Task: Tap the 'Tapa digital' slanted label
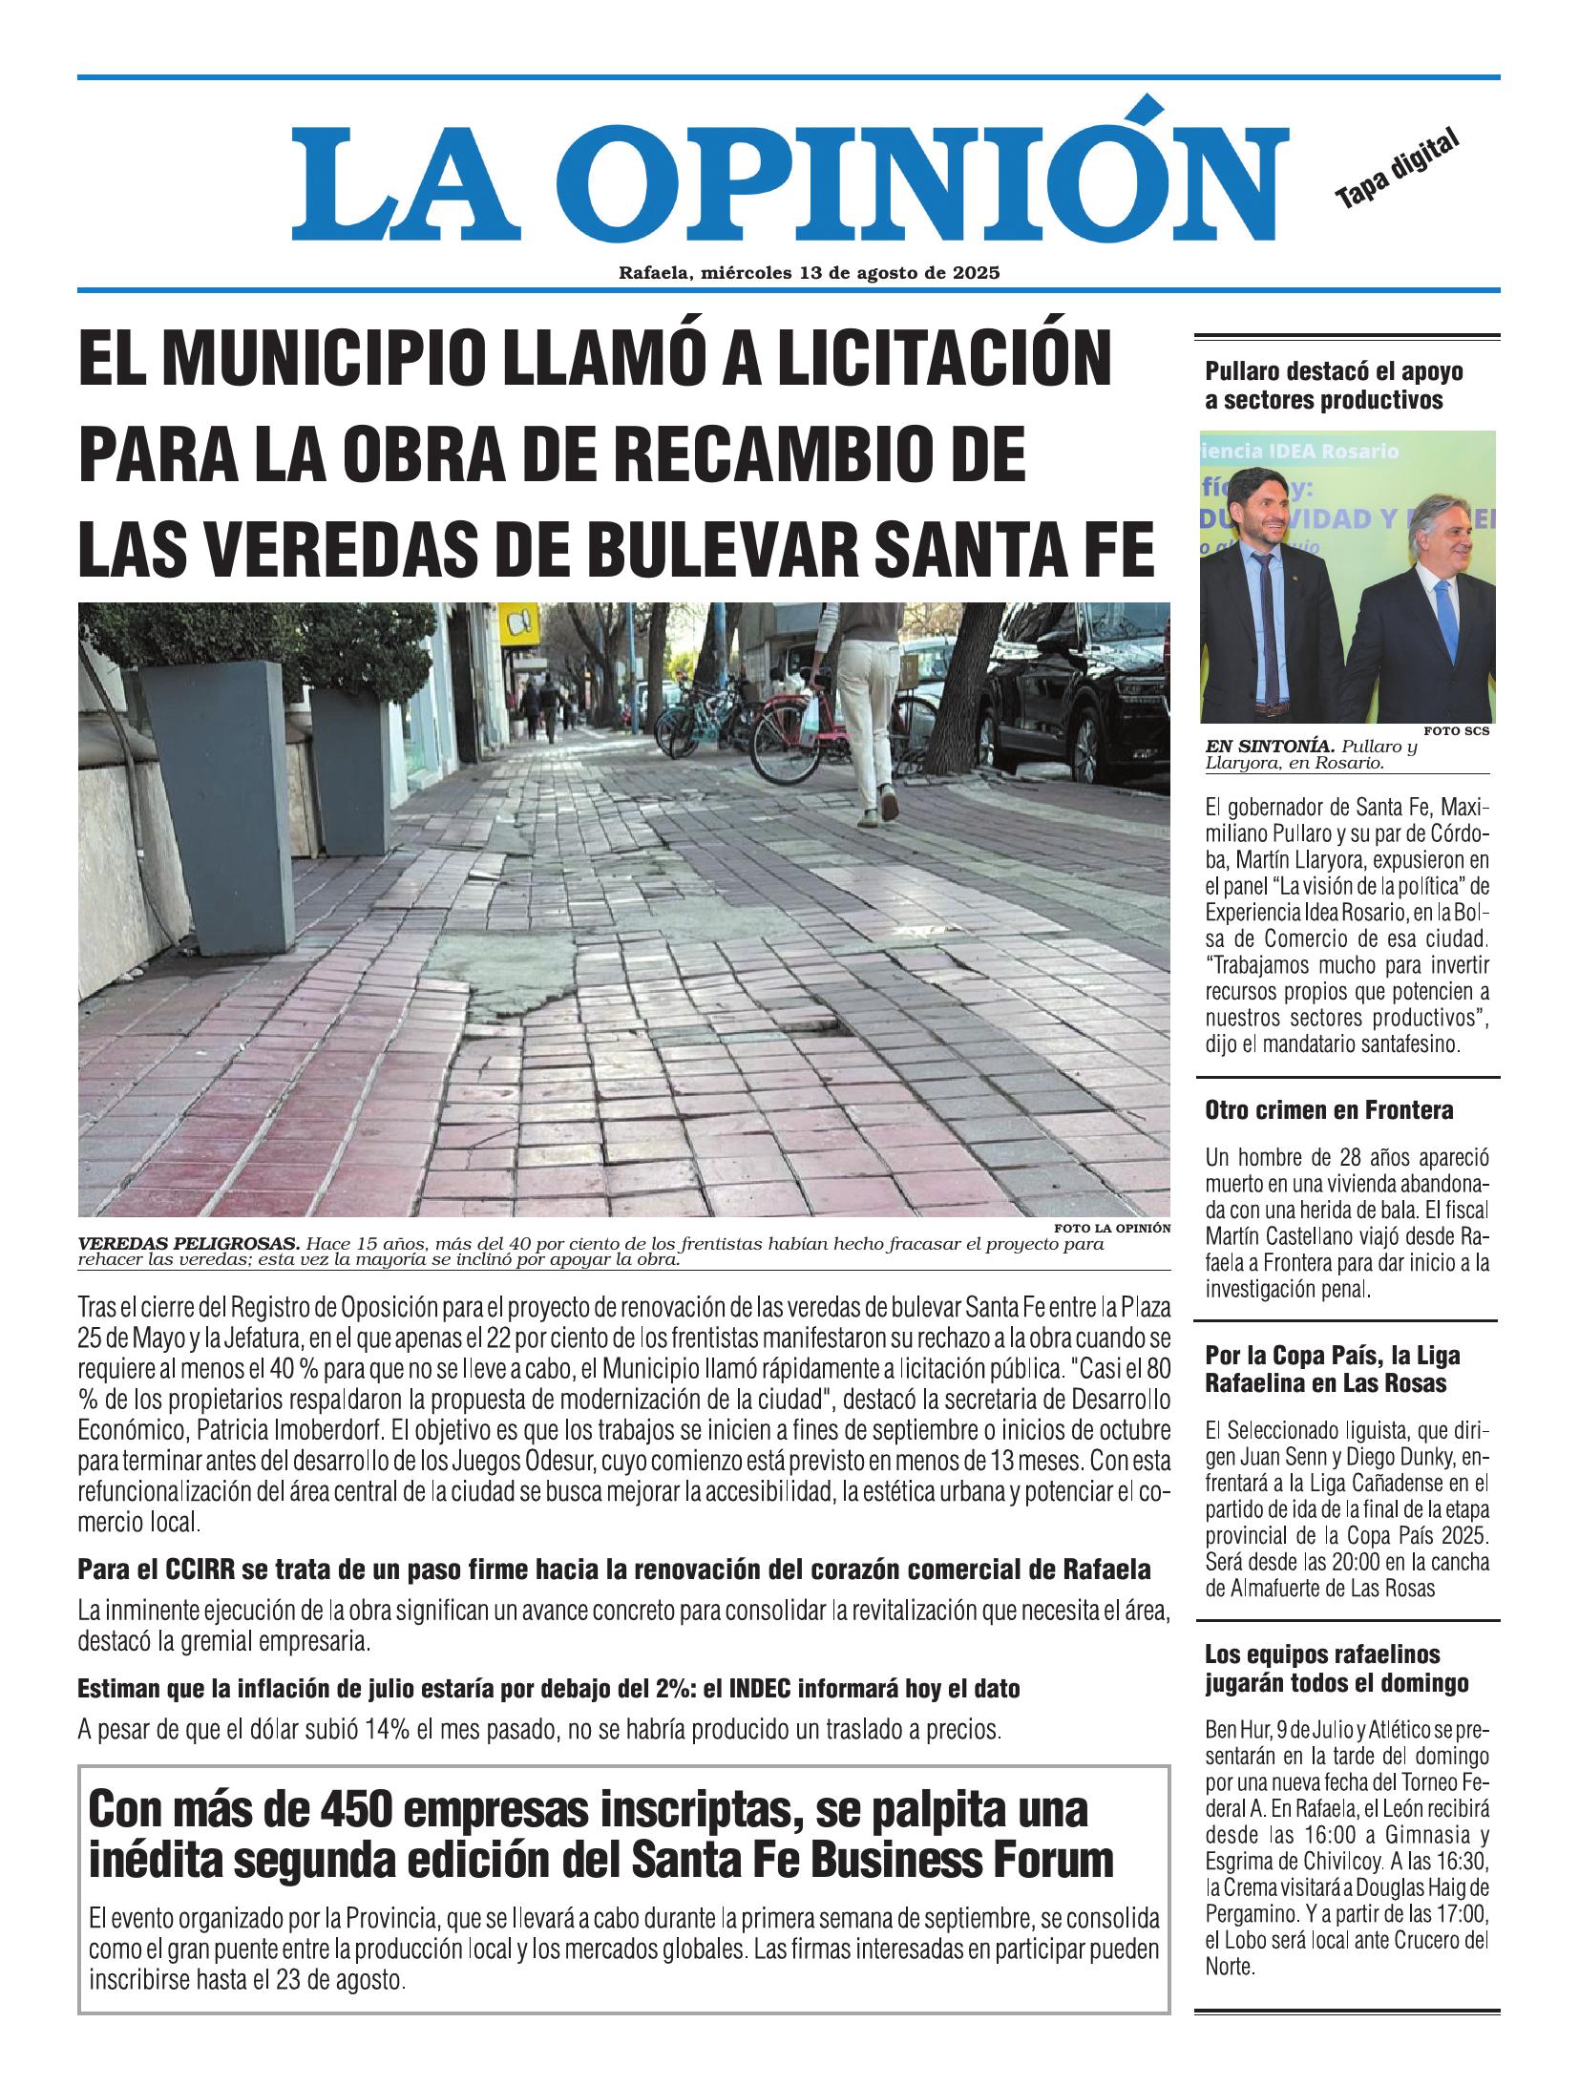[1398, 169]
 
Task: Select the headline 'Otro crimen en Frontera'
[1329, 1109]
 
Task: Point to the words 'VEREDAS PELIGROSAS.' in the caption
[188, 1244]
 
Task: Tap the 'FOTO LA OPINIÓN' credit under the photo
[1112, 1229]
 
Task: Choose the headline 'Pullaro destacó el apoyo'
[1334, 370]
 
